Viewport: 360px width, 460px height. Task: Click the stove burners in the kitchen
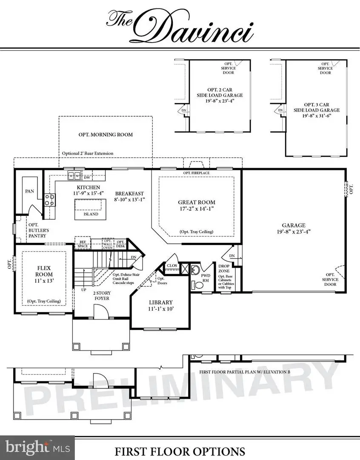point(50,200)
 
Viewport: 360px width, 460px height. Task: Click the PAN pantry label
point(29,192)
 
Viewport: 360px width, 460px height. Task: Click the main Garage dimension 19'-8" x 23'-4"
point(294,233)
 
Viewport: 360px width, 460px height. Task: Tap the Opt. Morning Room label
point(106,135)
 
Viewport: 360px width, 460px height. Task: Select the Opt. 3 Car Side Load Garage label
point(322,110)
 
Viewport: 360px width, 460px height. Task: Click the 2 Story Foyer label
point(101,296)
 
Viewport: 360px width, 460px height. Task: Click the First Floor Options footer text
point(180,451)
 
